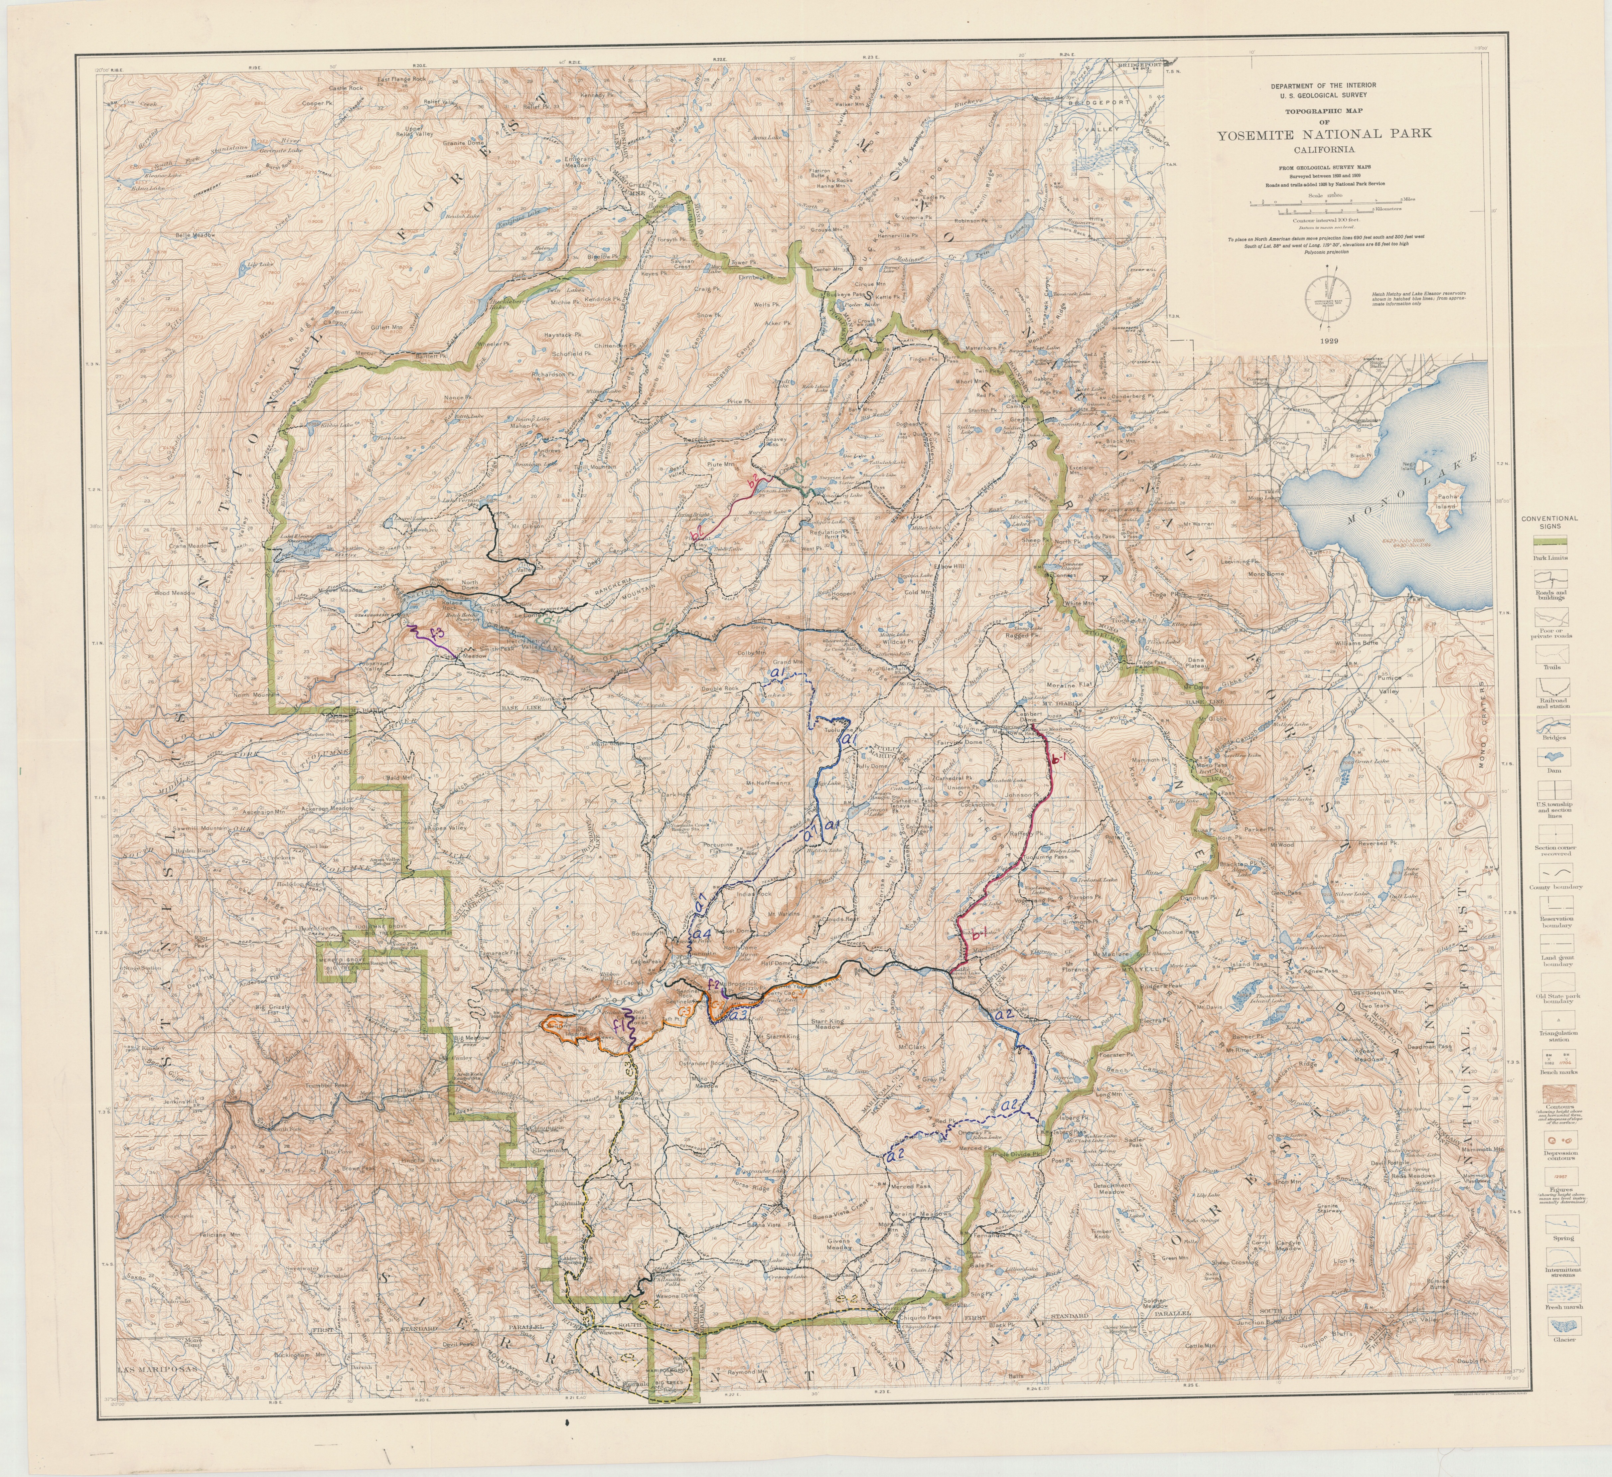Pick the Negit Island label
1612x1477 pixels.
(x=1409, y=466)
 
